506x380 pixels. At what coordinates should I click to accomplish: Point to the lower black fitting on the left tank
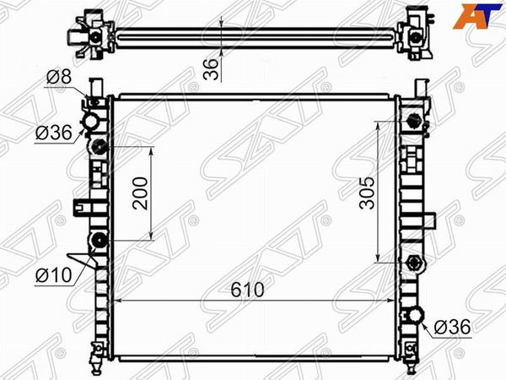click(98, 240)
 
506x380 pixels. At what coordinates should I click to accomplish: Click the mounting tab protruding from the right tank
click(429, 221)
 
